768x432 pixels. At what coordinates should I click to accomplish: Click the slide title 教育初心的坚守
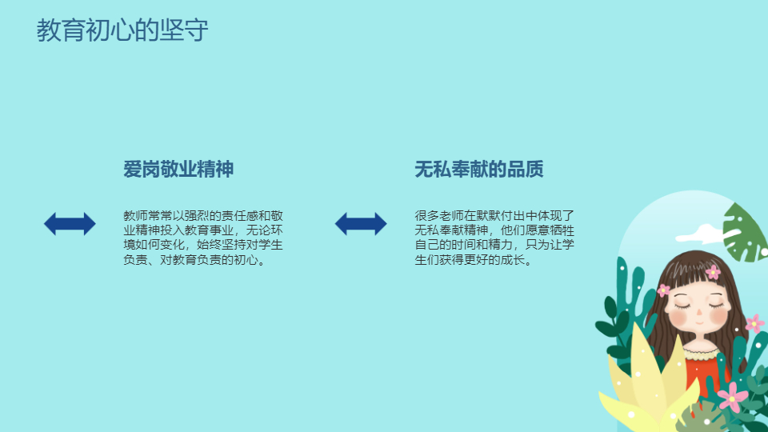click(122, 30)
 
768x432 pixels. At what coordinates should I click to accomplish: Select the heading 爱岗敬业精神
click(178, 169)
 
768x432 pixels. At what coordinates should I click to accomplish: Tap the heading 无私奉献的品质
click(479, 169)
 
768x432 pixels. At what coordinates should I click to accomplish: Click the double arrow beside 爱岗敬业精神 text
click(70, 224)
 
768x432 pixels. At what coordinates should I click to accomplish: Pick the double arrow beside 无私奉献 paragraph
click(361, 224)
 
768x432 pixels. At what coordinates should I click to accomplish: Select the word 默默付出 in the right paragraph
click(501, 216)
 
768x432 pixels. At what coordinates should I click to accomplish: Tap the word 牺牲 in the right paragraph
click(562, 230)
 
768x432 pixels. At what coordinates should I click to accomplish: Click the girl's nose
click(699, 312)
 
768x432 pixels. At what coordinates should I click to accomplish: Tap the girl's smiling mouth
click(699, 323)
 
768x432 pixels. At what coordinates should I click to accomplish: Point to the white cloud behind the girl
click(702, 234)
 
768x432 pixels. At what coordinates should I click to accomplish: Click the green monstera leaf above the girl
click(745, 233)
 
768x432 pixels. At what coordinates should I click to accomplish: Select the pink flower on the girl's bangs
click(713, 272)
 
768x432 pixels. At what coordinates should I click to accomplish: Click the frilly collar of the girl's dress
click(702, 352)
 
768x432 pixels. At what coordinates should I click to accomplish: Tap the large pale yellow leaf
click(646, 377)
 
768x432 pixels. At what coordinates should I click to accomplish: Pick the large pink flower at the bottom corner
click(733, 397)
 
